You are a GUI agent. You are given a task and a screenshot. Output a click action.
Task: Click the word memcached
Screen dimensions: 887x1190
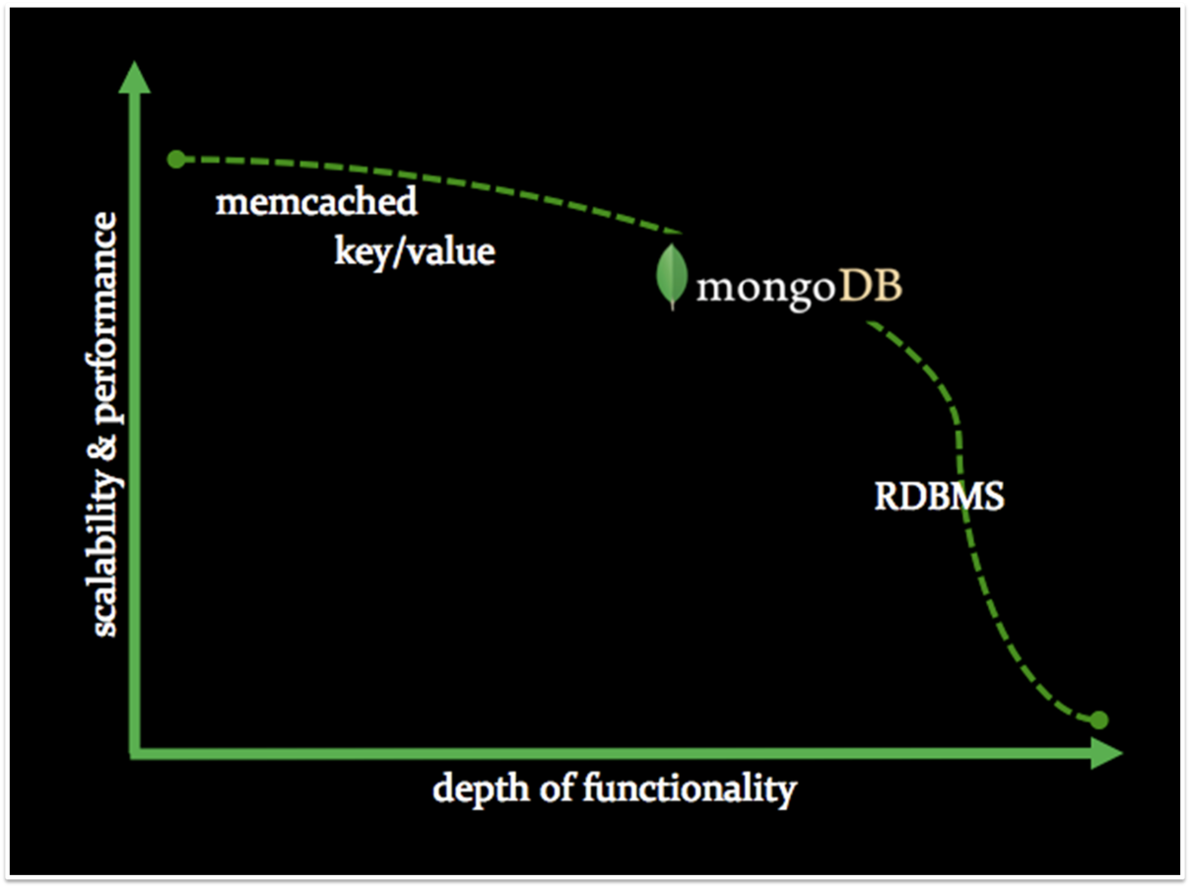(x=316, y=203)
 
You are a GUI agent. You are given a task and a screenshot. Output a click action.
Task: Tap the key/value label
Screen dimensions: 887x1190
(x=414, y=251)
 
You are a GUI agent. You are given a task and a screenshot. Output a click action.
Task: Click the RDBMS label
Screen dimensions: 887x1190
(x=939, y=496)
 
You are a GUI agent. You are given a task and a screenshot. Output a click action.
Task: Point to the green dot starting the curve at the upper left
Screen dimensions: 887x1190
(x=176, y=159)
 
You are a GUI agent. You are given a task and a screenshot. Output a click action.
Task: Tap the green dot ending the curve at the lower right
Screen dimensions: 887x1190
(x=1099, y=719)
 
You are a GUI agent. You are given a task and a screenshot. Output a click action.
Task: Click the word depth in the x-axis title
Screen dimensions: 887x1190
(x=474, y=789)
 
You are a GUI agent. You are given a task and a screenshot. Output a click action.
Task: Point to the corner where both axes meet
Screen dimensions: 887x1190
(x=136, y=753)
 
